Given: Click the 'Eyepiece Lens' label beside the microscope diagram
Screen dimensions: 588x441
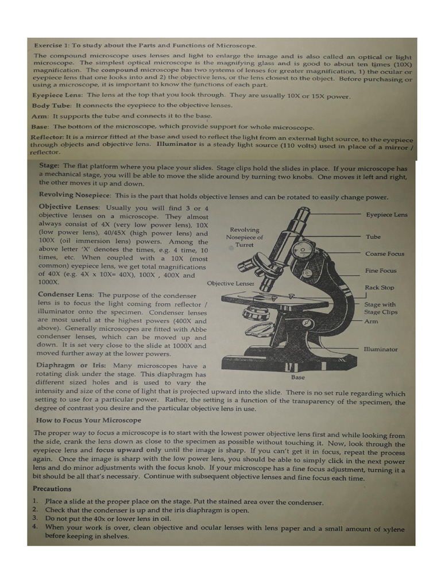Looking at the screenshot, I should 386,215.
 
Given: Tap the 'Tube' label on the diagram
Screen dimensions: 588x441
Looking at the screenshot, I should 373,237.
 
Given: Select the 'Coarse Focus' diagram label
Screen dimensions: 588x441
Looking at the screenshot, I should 384,254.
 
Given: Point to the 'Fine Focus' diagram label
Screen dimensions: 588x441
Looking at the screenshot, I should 380,270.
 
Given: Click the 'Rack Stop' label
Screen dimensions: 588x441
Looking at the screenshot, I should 379,288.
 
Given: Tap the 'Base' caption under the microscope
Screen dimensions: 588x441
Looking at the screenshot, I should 298,377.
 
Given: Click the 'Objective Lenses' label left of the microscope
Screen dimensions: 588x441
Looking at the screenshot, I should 230,284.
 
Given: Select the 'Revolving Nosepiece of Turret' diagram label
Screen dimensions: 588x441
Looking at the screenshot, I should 244,237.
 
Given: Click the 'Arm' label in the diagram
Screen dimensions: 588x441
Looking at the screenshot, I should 371,322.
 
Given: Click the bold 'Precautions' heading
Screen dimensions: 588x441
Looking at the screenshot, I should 52,489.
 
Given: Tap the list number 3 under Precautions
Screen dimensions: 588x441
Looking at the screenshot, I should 35,518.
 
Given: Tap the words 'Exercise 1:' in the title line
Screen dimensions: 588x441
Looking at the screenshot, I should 52,45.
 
